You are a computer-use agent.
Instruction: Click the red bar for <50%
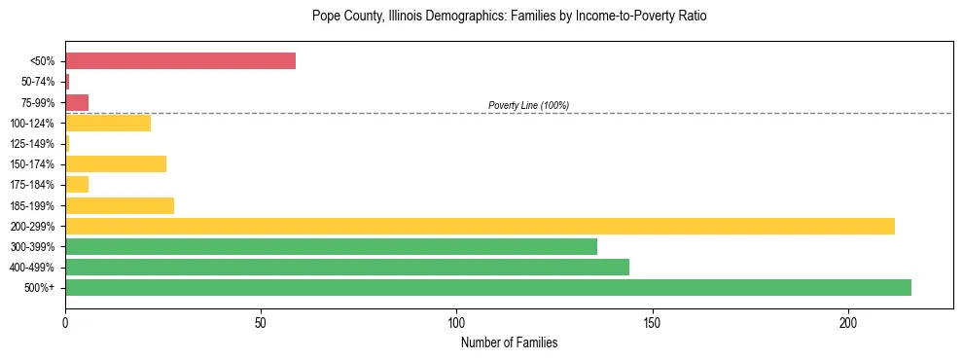180,61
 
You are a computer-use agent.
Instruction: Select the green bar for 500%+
487,287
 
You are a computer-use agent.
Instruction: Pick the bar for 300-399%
331,246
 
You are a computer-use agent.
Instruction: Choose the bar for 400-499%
346,267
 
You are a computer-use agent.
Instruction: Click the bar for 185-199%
120,205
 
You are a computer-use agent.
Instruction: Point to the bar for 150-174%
116,163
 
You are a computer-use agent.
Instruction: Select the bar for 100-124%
108,123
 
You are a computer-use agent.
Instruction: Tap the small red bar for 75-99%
77,102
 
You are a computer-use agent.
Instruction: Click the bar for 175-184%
77,184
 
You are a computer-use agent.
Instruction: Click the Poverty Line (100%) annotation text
528,105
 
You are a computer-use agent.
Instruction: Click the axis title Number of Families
509,342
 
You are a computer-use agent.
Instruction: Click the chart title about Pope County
509,17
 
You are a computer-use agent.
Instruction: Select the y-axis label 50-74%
37,82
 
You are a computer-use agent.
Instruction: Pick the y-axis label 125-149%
34,144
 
